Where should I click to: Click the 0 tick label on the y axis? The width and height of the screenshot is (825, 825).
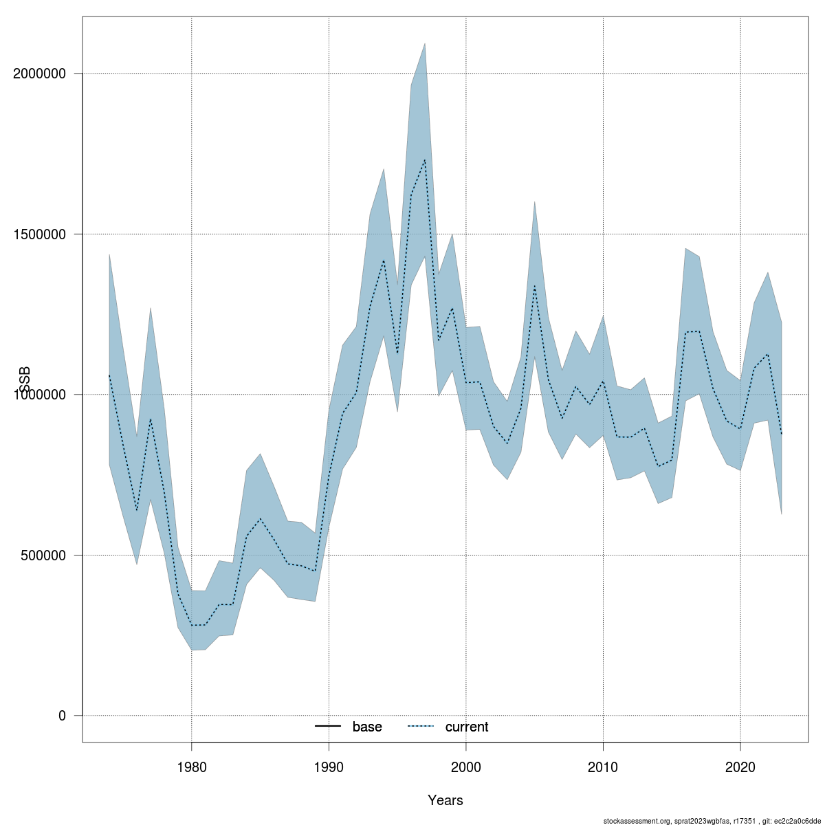click(x=62, y=716)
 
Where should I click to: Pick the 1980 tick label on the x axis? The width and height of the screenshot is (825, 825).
click(x=191, y=765)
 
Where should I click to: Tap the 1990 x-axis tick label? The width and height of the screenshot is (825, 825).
click(x=329, y=765)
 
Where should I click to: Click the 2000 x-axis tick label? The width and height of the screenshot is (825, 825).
click(x=466, y=765)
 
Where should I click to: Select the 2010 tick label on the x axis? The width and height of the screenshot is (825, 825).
click(x=603, y=765)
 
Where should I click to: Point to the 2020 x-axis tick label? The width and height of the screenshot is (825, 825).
click(x=740, y=765)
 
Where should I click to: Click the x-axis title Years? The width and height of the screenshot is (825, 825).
click(x=445, y=800)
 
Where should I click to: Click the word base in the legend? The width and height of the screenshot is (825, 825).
click(x=367, y=727)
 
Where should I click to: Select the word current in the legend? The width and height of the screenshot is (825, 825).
click(x=467, y=727)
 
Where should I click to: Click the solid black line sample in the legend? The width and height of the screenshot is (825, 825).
click(x=329, y=727)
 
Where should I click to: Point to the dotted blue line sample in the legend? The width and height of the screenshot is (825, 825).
click(x=421, y=727)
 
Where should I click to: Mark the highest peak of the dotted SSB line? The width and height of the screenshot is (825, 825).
click(x=425, y=159)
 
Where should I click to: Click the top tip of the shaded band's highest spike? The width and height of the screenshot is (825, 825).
click(x=425, y=43)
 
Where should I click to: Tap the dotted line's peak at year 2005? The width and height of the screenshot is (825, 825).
click(x=534, y=285)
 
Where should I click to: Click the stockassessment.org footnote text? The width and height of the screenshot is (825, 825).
click(x=712, y=820)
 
